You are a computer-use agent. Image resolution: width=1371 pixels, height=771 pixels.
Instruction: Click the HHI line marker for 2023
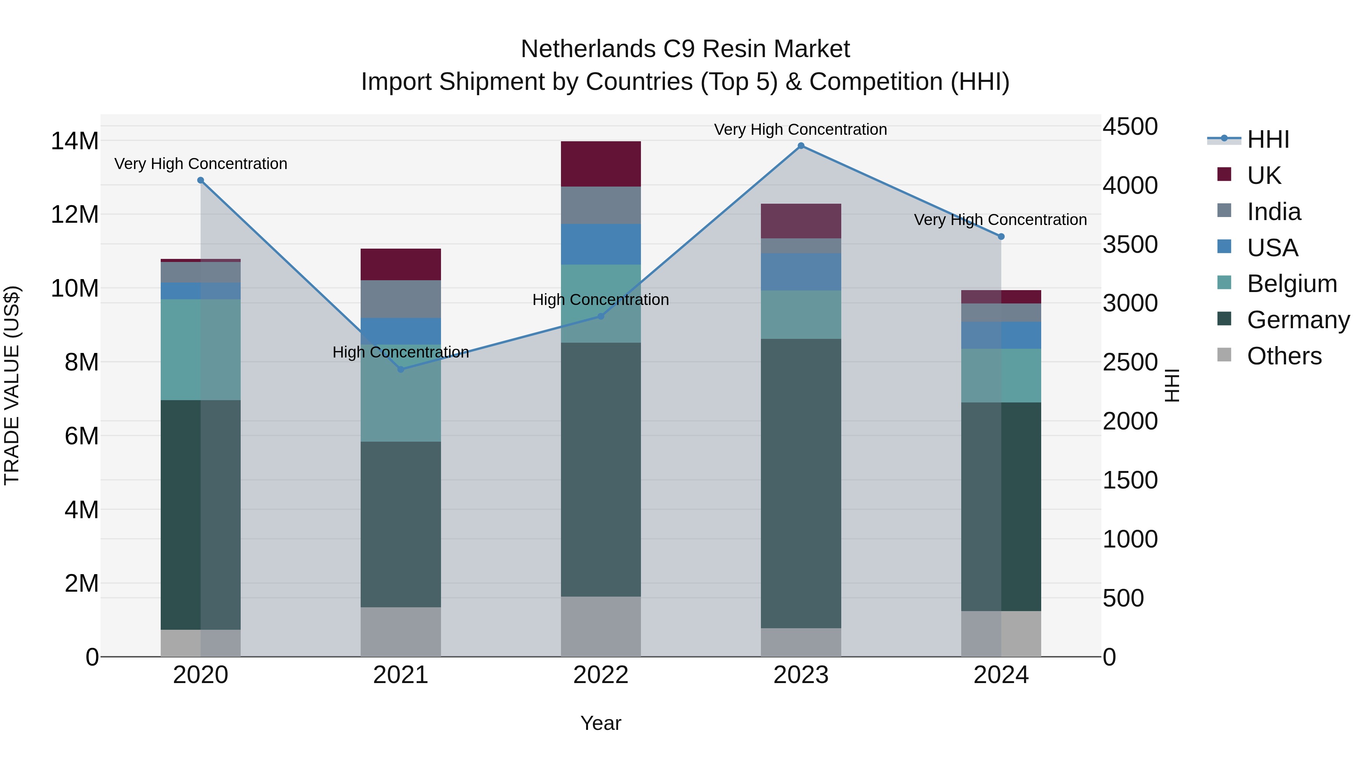coord(801,146)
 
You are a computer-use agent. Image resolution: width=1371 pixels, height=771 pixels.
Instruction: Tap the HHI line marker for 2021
coord(401,369)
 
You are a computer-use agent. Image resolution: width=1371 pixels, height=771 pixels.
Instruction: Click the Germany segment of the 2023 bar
coord(801,483)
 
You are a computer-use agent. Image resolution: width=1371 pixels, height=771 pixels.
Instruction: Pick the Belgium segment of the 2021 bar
coord(401,394)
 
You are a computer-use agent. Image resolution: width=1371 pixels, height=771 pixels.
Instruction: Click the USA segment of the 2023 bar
coord(801,272)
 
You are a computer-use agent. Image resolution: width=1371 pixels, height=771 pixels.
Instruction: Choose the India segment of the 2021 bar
coord(401,299)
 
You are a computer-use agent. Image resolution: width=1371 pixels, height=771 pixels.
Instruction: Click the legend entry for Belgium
coord(1292,284)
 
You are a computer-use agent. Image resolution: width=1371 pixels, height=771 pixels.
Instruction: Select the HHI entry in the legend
coord(1268,139)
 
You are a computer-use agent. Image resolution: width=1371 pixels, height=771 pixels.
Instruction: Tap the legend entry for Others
coord(1284,356)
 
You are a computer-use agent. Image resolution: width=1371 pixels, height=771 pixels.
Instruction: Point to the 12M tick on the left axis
coord(75,214)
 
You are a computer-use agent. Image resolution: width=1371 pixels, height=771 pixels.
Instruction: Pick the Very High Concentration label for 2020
coord(201,163)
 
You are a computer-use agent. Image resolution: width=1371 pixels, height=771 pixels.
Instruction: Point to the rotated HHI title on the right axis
coord(1172,385)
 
